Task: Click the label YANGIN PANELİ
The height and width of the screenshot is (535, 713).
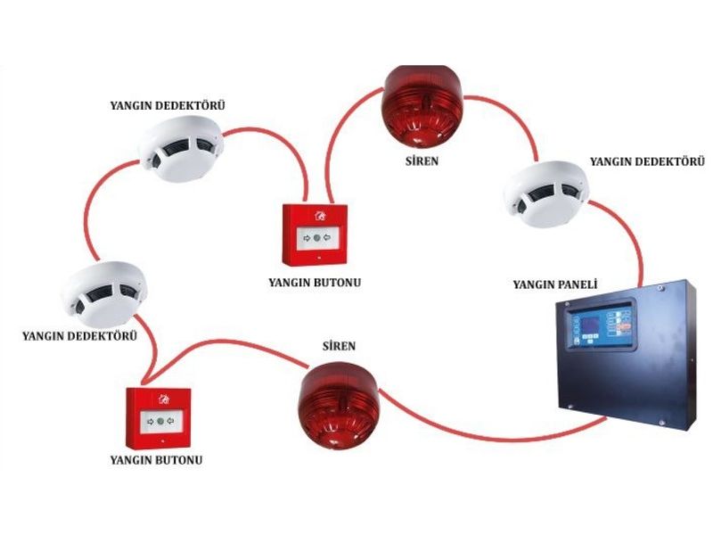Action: click(554, 284)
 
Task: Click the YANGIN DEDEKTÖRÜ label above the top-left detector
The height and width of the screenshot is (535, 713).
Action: click(168, 105)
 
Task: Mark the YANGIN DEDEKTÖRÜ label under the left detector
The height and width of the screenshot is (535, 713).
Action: click(79, 336)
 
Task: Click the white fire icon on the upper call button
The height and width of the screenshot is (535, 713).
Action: click(319, 215)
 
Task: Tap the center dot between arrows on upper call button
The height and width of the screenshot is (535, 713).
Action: click(316, 238)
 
